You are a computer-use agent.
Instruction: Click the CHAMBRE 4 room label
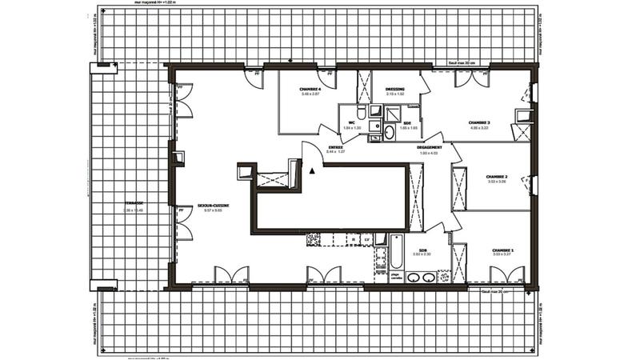pyautogui.click(x=310, y=89)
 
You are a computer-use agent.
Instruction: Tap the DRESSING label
pyautogui.click(x=394, y=89)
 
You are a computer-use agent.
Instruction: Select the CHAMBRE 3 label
pyautogui.click(x=479, y=122)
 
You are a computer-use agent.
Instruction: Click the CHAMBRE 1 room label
pyautogui.click(x=503, y=250)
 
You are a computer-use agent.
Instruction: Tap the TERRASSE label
pyautogui.click(x=122, y=204)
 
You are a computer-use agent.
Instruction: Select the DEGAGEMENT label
pyautogui.click(x=430, y=148)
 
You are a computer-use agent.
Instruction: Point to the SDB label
pyautogui.click(x=422, y=250)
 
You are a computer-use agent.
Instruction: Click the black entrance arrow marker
pyautogui.click(x=312, y=170)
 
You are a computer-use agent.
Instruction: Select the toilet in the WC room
pyautogui.click(x=362, y=111)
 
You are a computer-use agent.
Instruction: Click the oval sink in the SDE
pyautogui.click(x=389, y=134)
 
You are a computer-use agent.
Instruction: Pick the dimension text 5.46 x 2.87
pyautogui.click(x=310, y=94)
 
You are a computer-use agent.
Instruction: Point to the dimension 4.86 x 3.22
pyautogui.click(x=479, y=128)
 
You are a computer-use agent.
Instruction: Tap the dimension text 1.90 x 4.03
pyautogui.click(x=430, y=153)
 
